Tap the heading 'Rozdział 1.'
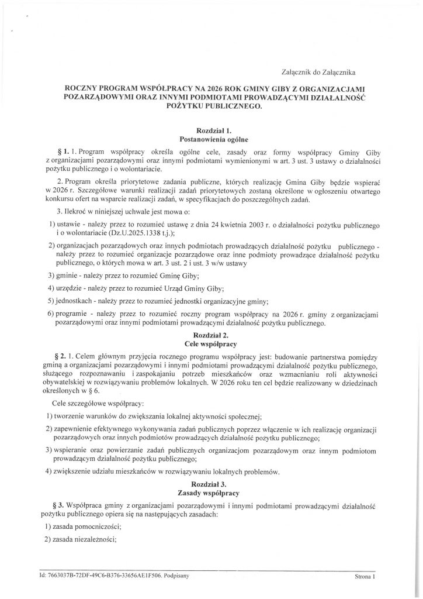(214, 131)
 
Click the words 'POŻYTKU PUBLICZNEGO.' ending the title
(214, 106)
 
